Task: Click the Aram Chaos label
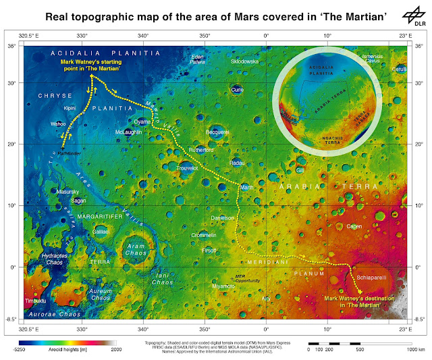point(135,250)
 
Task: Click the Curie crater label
point(237,90)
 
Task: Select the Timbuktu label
point(36,301)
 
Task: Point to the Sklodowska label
point(244,61)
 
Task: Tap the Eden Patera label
point(198,59)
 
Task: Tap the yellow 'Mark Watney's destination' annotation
point(352,301)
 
